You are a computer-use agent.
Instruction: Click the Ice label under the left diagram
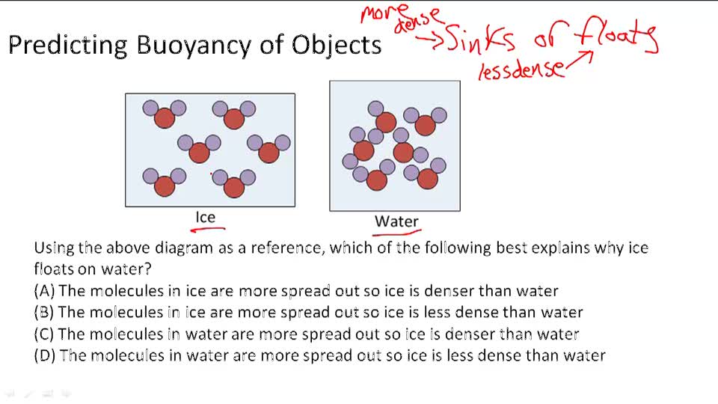tap(205, 217)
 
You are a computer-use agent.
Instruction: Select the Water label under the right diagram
tap(396, 221)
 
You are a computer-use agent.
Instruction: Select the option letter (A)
tap(44, 291)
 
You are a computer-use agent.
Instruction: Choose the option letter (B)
tap(44, 312)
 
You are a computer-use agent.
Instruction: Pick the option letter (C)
tap(44, 334)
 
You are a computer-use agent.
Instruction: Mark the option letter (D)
tap(44, 355)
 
